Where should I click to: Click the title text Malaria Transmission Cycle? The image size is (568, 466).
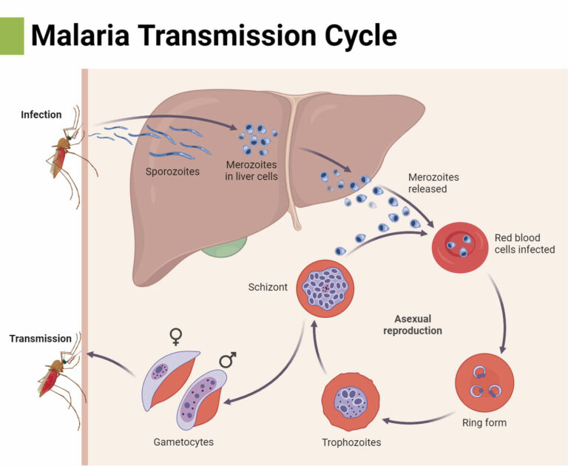(214, 35)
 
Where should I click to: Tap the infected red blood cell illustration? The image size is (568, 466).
(458, 242)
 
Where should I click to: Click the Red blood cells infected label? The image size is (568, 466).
(524, 243)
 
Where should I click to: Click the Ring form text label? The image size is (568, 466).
(484, 423)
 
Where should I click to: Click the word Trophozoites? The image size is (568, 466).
(351, 443)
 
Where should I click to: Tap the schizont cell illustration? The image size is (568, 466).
(325, 287)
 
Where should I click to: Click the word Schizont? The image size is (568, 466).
(267, 286)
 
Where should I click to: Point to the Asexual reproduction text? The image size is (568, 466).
(412, 325)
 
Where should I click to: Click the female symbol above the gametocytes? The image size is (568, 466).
(176, 337)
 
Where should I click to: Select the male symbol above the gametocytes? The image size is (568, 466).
(227, 360)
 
